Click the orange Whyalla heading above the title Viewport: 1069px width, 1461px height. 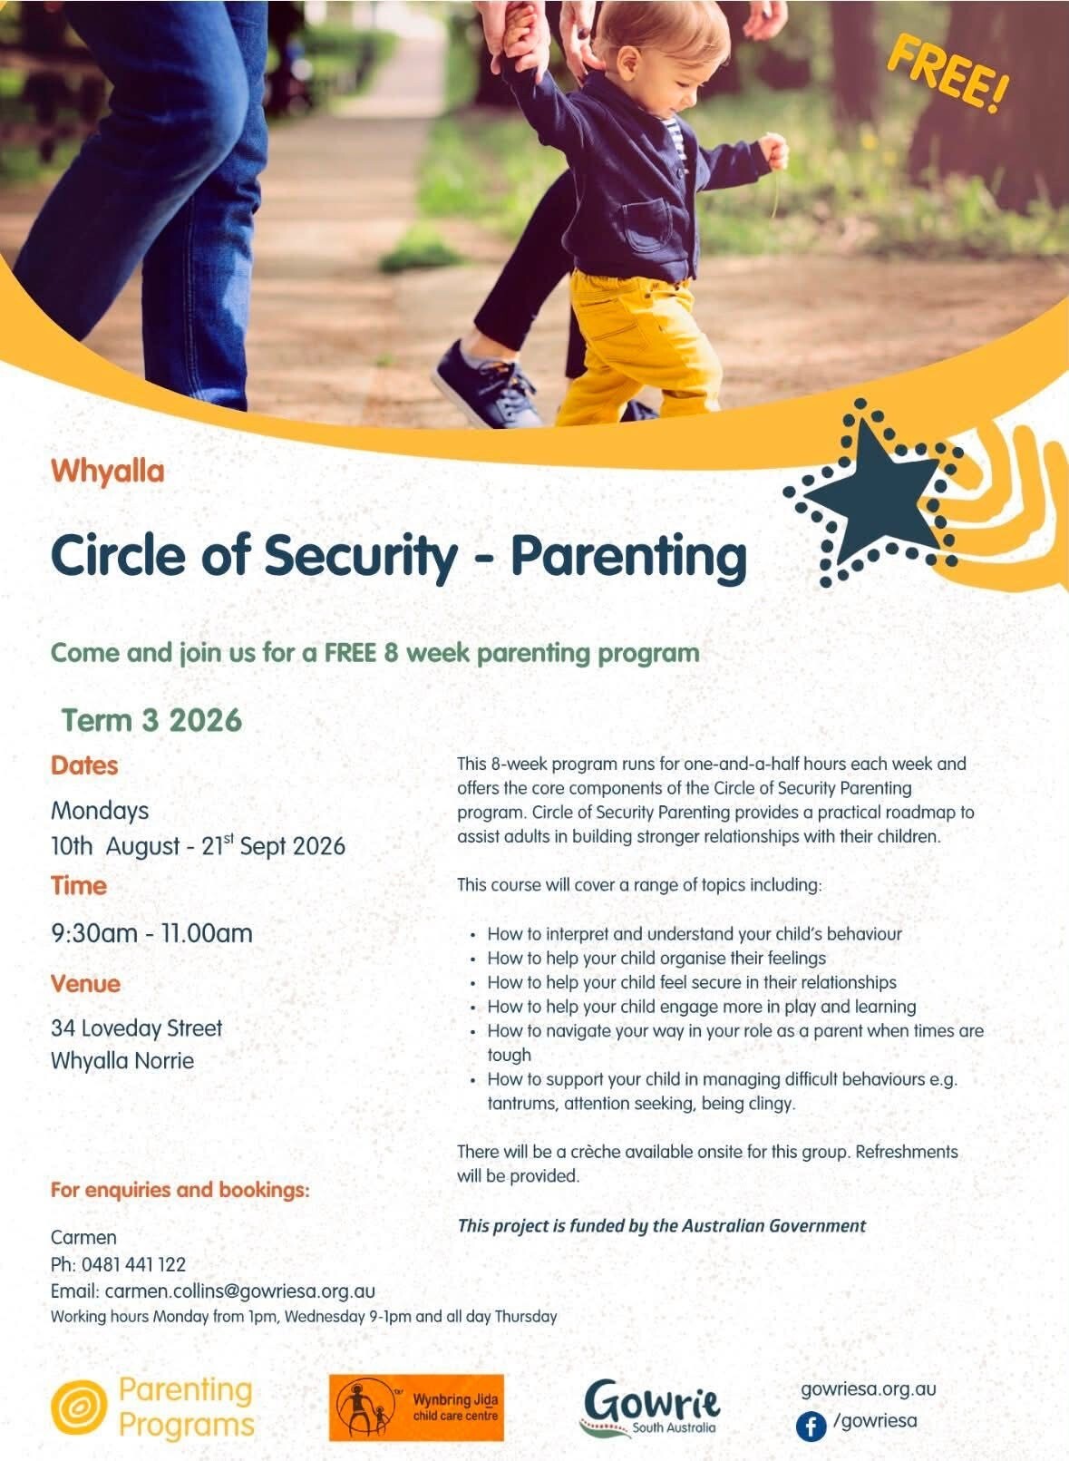coord(108,472)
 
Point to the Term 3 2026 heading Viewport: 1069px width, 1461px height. coord(151,721)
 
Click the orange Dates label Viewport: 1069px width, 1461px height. coord(84,765)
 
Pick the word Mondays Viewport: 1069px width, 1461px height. coord(100,812)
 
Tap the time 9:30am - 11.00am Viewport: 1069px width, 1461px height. coord(151,933)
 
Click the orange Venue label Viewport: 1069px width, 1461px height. coord(85,984)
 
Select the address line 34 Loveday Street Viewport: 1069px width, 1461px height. coord(136,1028)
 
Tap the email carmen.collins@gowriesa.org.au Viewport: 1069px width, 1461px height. coord(240,1291)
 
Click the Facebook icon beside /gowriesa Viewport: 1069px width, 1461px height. coord(811,1427)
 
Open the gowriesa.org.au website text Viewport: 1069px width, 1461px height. coord(868,1389)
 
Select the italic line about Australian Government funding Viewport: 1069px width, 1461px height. coord(661,1225)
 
